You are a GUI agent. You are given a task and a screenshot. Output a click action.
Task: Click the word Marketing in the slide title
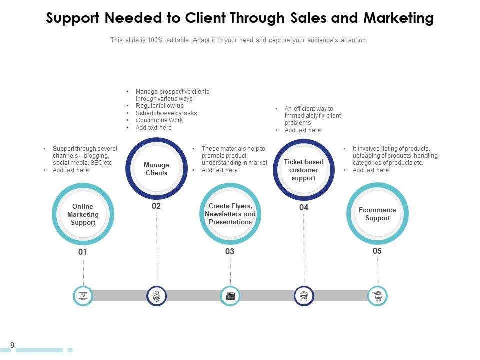[x=398, y=18]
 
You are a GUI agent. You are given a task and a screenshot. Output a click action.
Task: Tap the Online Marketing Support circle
[x=83, y=215]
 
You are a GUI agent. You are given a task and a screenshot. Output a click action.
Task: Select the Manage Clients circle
[x=157, y=169]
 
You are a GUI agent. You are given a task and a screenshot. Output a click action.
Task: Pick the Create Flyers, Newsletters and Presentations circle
[x=230, y=214]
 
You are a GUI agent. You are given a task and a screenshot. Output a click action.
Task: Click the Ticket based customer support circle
[x=304, y=170]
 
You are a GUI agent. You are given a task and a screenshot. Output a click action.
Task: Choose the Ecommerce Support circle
[x=377, y=214]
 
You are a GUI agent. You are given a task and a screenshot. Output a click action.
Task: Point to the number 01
[x=83, y=252]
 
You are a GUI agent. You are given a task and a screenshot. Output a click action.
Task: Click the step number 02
[x=156, y=206]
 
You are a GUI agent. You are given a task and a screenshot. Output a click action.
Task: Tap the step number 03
[x=230, y=252]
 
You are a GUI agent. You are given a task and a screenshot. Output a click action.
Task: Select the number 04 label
[x=304, y=207]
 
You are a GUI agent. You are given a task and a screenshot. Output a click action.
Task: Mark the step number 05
[x=377, y=251]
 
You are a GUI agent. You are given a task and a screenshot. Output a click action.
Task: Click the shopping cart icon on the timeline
[x=378, y=296]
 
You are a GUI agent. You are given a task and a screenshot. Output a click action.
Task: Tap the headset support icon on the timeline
[x=304, y=296]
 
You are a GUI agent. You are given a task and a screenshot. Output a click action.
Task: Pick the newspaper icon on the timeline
[x=230, y=296]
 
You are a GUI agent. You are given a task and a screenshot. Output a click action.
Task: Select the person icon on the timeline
[x=157, y=296]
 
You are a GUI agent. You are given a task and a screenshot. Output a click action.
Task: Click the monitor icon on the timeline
[x=83, y=296]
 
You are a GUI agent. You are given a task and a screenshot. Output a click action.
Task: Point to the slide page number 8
[x=12, y=345]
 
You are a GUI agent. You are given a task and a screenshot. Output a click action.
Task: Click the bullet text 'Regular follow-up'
[x=160, y=106]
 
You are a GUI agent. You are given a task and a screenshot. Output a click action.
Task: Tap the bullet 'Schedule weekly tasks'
[x=166, y=113]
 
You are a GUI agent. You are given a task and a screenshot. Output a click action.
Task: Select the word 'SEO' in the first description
[x=95, y=163]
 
